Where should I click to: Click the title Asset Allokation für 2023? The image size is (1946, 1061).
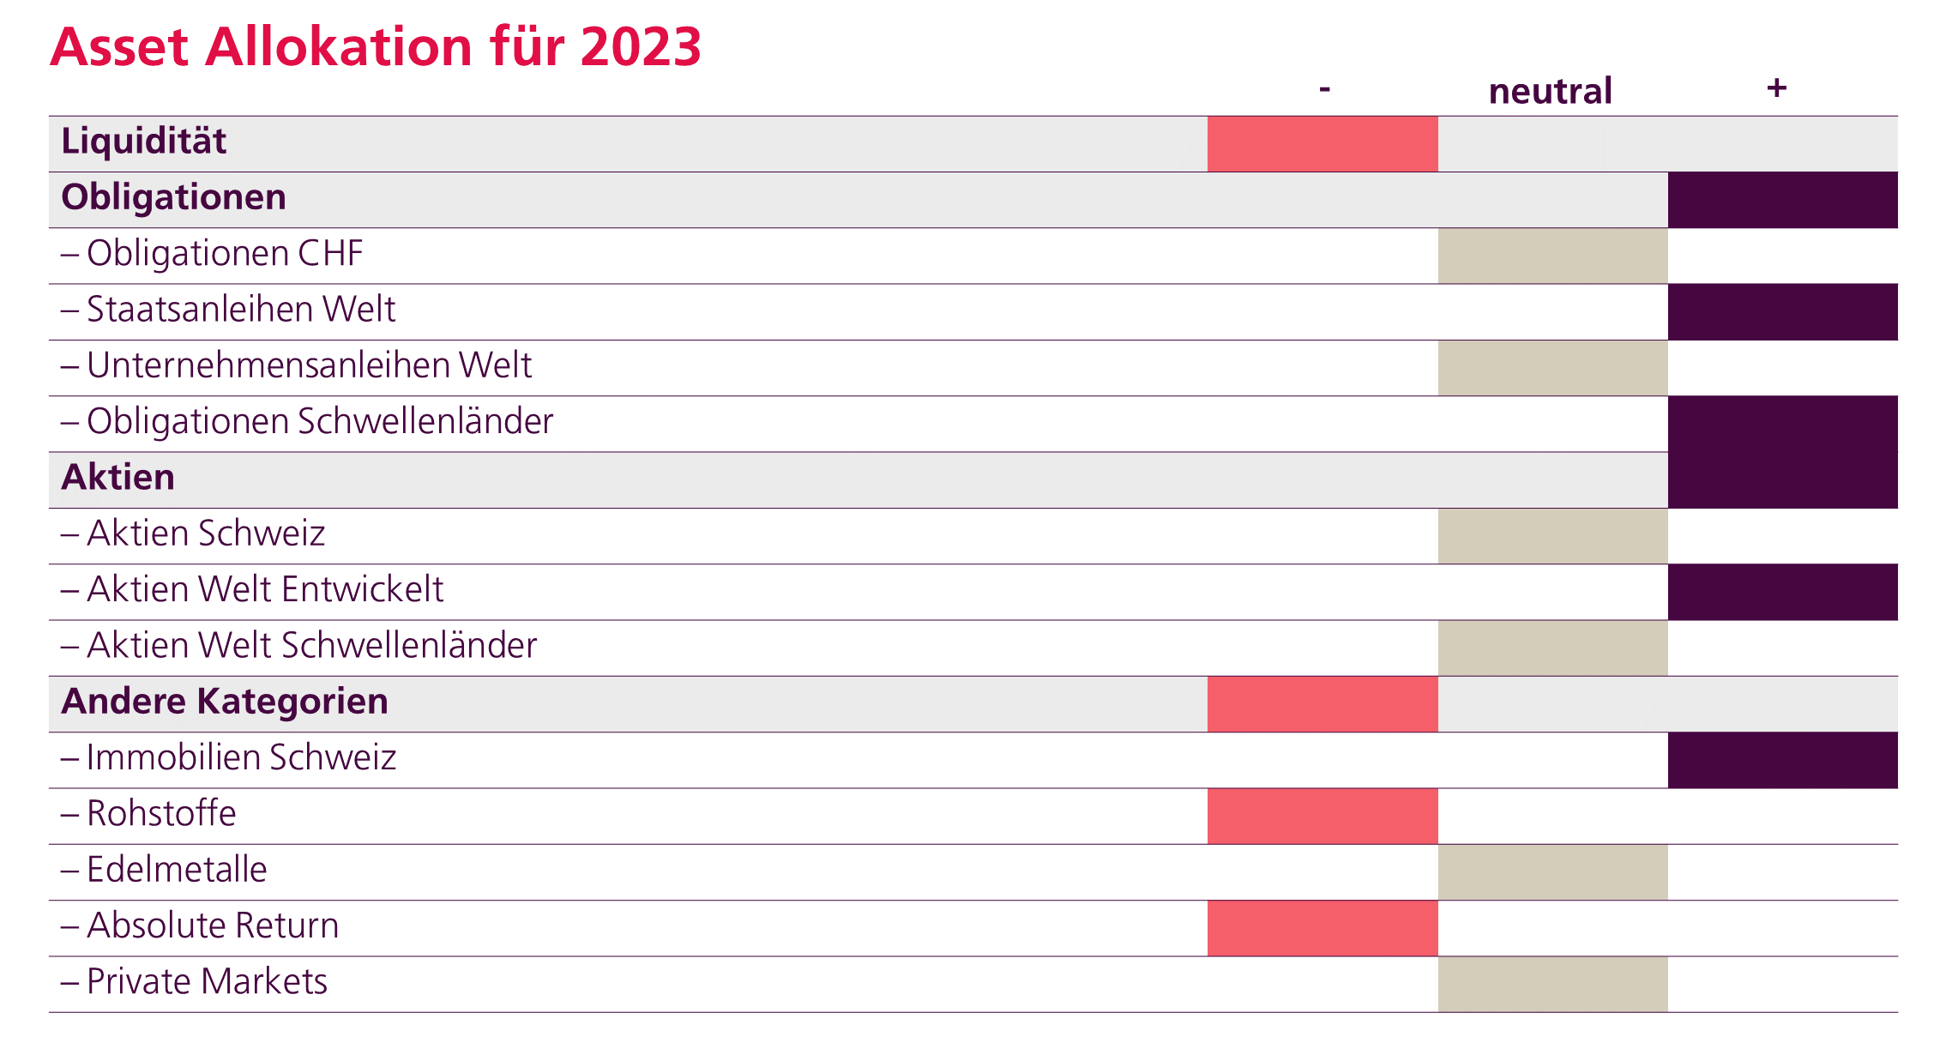(376, 46)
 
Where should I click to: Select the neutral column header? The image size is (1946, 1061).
(1550, 91)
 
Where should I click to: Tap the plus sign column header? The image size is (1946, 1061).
(1776, 87)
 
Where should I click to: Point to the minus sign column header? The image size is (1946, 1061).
(1324, 88)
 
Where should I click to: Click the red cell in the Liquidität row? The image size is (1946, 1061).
(1322, 144)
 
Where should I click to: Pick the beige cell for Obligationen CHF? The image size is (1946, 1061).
(1552, 256)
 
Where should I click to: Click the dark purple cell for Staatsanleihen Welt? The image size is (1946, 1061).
(1782, 311)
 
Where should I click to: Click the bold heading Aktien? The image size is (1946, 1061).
(117, 477)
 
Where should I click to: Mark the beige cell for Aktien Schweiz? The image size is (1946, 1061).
(1552, 536)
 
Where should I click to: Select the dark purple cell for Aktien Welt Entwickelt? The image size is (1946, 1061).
(1782, 592)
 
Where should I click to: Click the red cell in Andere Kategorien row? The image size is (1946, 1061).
(1322, 704)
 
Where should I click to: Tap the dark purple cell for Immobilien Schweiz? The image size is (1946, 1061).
(1782, 760)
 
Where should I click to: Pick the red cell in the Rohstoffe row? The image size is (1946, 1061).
(1322, 816)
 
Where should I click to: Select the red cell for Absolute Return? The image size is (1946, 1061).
(1322, 928)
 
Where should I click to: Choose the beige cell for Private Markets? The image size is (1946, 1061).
(1552, 984)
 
